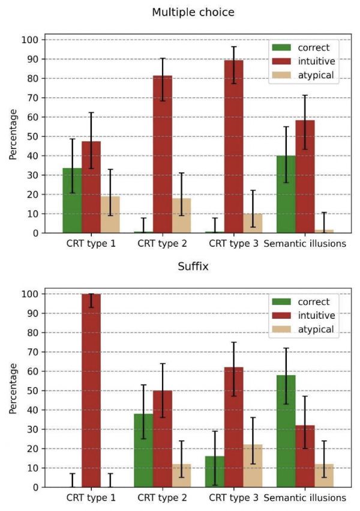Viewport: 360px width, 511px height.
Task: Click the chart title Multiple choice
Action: tap(193, 12)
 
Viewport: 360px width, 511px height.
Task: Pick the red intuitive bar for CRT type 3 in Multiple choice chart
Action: tap(233, 147)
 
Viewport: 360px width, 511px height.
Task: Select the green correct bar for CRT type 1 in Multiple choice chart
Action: tap(73, 201)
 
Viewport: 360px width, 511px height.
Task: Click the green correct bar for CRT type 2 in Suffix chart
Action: tap(143, 450)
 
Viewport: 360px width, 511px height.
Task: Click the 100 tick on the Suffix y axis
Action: tap(31, 294)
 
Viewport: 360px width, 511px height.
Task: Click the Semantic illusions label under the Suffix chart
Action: tap(305, 498)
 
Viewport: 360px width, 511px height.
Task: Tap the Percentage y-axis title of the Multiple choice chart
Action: tap(13, 136)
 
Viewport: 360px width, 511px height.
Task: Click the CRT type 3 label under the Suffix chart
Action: tap(233, 498)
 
